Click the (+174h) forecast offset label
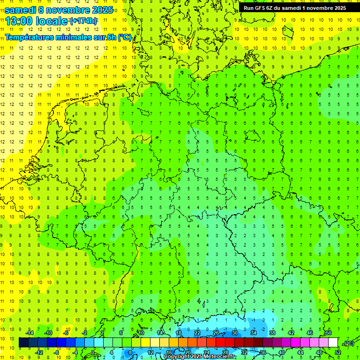coord(83,21)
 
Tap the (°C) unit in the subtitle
coord(125,37)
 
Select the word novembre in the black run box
coord(316,8)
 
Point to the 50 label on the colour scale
coord(329,333)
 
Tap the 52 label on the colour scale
coord(337,352)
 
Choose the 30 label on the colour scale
coord(235,333)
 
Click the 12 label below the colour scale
coord(150,352)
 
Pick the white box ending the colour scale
coord(333,343)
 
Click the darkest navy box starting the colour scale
coord(23,343)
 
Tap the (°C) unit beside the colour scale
coord(348,343)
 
